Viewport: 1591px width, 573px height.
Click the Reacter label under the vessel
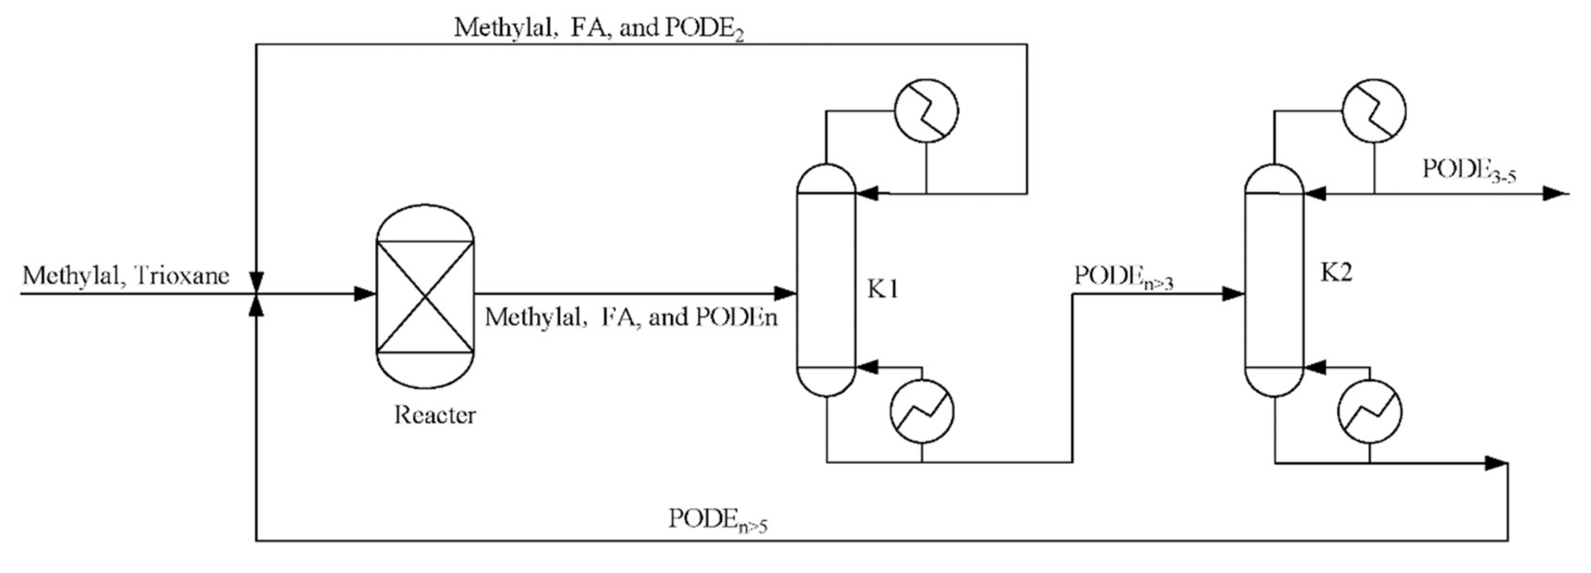point(435,415)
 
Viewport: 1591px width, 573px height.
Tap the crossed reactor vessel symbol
point(425,297)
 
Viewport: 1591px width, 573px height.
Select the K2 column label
point(1336,273)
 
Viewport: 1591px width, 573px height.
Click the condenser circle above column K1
point(926,111)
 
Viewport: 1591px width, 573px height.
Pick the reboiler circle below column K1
point(922,411)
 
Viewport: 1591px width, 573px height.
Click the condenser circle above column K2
point(1374,111)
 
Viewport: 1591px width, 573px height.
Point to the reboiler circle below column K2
point(1369,411)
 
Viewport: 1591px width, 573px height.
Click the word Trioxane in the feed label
point(181,275)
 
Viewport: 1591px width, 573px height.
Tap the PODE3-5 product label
point(1469,170)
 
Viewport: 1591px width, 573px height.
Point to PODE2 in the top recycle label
point(704,29)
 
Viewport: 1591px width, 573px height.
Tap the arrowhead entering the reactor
point(365,294)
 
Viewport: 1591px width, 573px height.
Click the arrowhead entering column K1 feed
point(786,293)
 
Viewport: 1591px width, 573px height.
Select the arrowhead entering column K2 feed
point(1234,294)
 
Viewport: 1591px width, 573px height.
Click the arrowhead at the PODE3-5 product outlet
point(1555,194)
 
